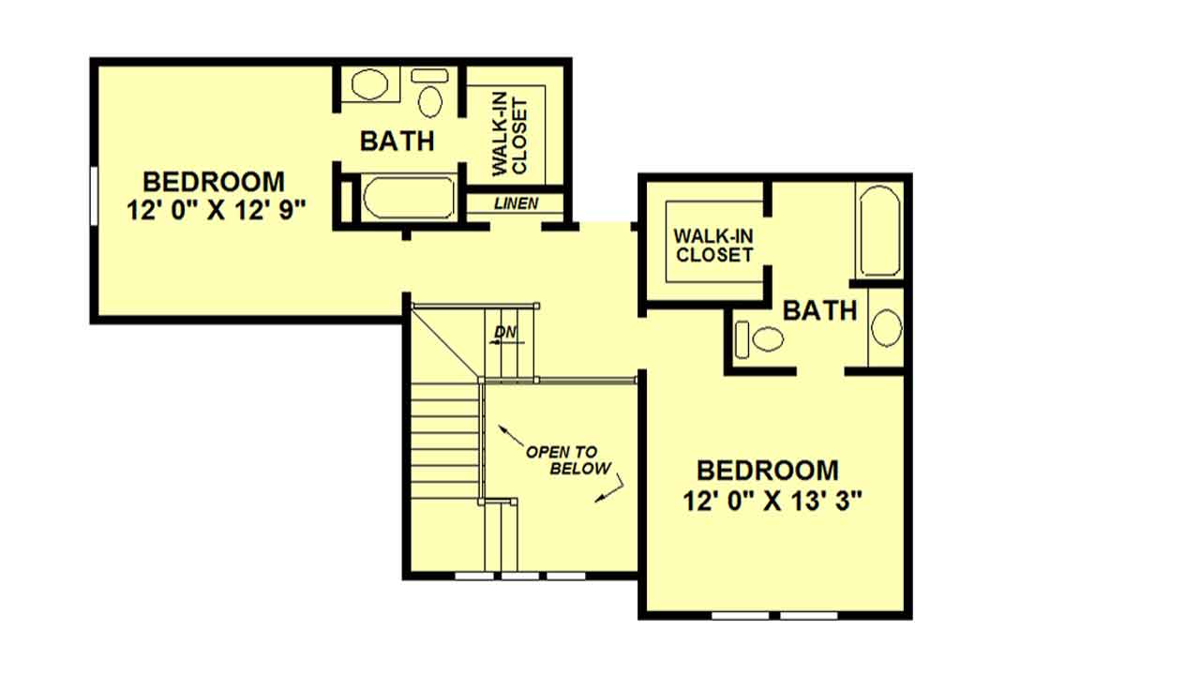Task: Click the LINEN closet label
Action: (x=517, y=203)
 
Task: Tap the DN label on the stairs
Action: (x=505, y=333)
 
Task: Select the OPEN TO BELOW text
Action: (x=568, y=460)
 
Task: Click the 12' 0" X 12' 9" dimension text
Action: (x=216, y=210)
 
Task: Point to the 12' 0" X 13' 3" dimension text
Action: (x=772, y=502)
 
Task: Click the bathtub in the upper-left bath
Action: (x=409, y=197)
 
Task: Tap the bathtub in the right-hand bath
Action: (x=879, y=231)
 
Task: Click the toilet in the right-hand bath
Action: (x=759, y=339)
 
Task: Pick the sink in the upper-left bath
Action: (x=369, y=84)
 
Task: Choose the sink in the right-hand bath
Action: (x=887, y=327)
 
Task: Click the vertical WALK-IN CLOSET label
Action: (x=509, y=137)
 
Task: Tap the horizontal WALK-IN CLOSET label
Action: (x=714, y=246)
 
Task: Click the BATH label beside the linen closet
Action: (x=397, y=142)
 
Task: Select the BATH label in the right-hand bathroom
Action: (x=819, y=310)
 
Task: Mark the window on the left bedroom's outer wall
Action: (x=94, y=196)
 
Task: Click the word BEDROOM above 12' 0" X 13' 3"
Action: (x=768, y=471)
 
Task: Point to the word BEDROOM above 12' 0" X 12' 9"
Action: (x=214, y=182)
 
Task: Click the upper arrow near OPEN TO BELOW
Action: (x=511, y=436)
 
